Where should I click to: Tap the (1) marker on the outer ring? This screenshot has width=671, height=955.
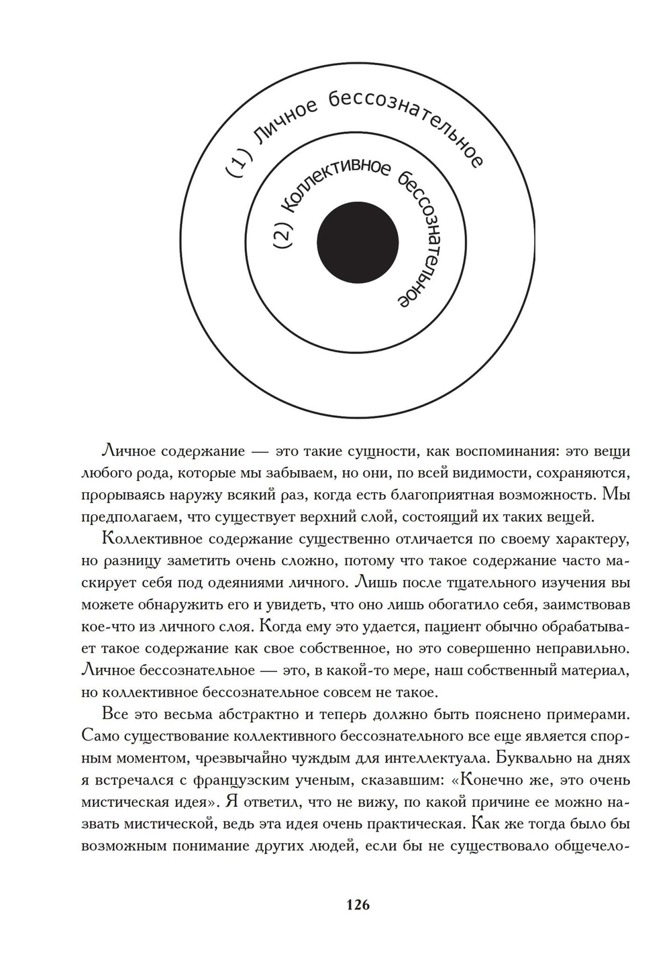point(239,164)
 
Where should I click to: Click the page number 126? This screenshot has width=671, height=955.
point(358,905)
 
